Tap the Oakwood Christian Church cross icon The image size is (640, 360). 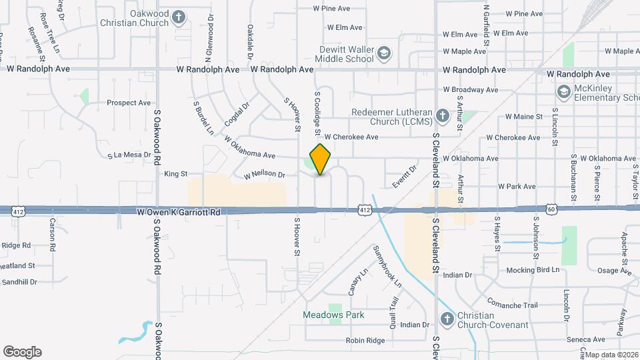click(179, 17)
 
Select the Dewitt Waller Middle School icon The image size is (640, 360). click(384, 52)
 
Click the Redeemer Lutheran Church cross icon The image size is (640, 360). click(441, 117)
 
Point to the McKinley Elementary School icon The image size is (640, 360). click(563, 91)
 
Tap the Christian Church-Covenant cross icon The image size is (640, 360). click(446, 319)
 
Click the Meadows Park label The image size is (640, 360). click(333, 315)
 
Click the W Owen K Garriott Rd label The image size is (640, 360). click(178, 211)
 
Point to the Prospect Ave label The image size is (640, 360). click(129, 103)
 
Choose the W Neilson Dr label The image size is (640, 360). click(264, 175)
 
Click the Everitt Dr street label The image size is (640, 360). click(404, 177)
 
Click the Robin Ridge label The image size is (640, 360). click(365, 341)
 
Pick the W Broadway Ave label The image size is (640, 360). click(471, 89)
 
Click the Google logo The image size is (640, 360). click(22, 352)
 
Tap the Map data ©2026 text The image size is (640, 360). click(611, 355)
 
